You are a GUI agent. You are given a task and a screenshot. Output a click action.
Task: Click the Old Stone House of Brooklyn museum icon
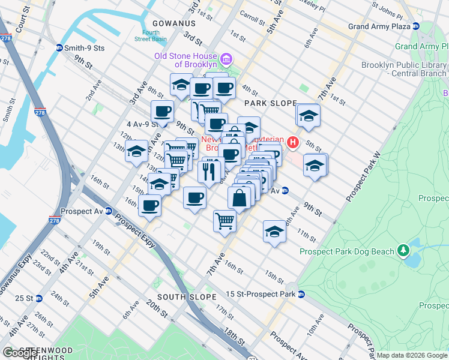226,59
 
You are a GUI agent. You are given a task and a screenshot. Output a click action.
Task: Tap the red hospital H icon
293,142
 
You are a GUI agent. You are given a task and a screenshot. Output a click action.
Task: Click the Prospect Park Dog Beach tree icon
405,251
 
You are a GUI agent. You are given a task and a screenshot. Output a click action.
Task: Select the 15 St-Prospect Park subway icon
301,294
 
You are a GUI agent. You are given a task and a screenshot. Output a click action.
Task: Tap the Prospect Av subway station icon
109,211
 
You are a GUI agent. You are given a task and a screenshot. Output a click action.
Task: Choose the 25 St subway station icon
38,298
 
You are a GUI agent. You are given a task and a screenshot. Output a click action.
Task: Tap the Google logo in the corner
19,353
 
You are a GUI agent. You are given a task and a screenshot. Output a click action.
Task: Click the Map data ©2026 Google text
412,355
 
